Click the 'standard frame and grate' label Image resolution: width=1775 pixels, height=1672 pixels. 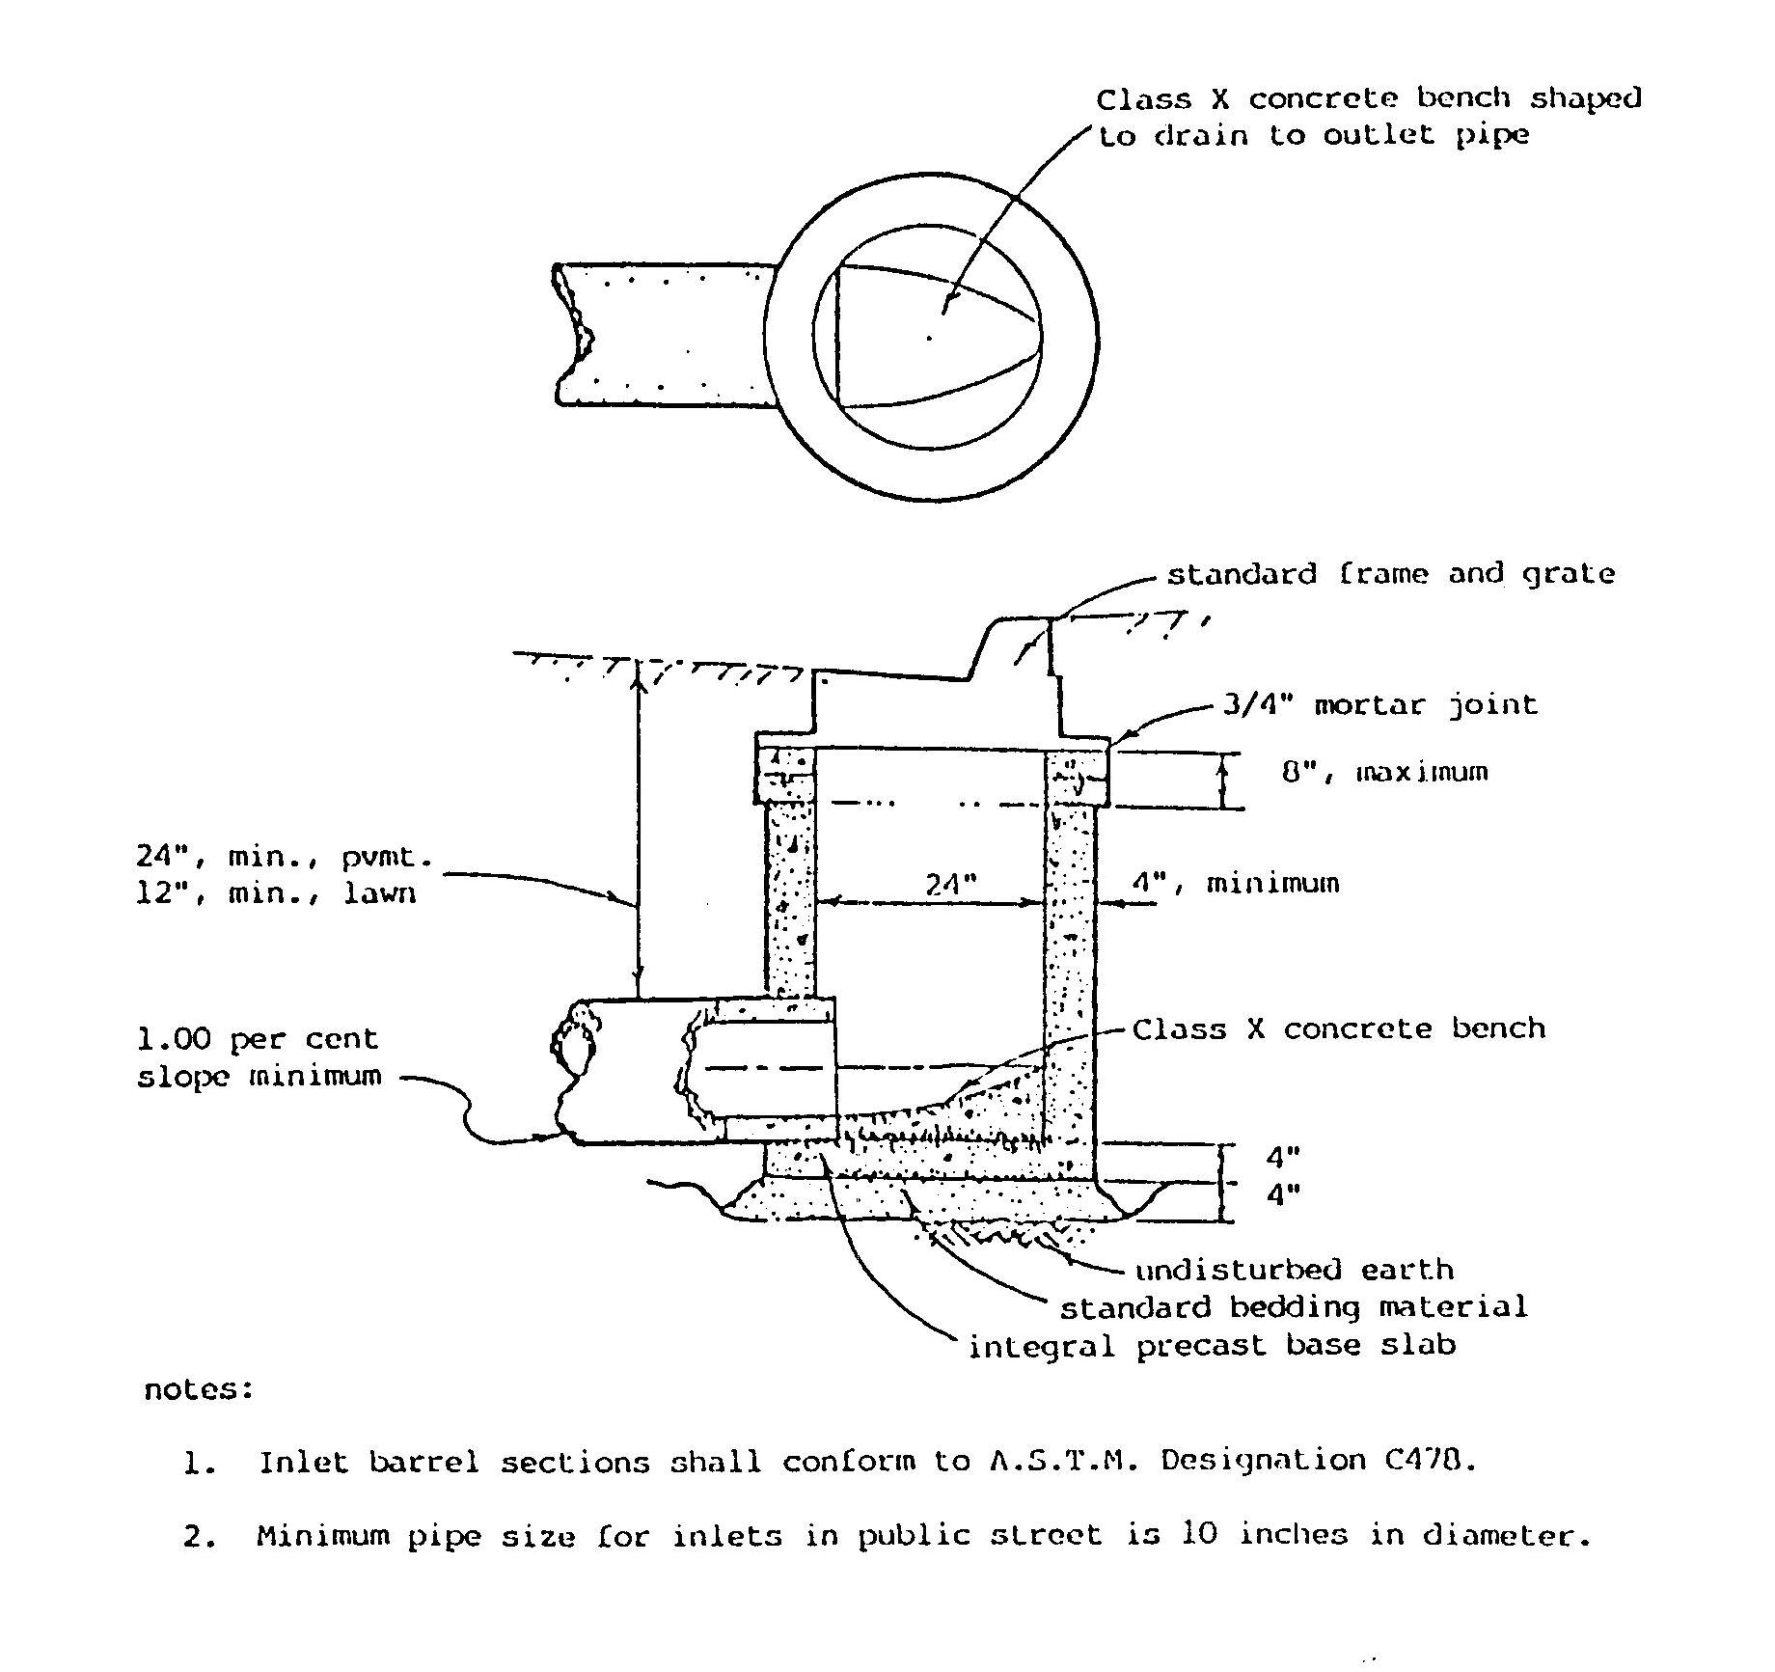tap(1391, 574)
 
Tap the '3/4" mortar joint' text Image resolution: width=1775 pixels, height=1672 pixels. tap(1379, 705)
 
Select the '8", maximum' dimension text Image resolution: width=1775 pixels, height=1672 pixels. tap(1384, 772)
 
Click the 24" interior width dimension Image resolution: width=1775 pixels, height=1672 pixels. tap(951, 884)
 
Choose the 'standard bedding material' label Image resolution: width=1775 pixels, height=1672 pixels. tap(1295, 1307)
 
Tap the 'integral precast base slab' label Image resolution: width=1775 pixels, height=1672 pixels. tap(1212, 1345)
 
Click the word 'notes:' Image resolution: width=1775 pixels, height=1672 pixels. tap(198, 1389)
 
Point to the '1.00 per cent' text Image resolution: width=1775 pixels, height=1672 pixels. tap(258, 1040)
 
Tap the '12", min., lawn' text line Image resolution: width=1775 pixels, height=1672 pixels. tap(276, 893)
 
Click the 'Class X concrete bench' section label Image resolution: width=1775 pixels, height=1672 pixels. tap(1338, 1028)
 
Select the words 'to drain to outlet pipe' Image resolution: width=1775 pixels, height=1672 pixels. tap(1314, 135)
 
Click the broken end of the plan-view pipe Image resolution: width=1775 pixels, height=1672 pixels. tap(571, 334)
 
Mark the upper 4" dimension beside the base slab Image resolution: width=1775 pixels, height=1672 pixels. tap(1283, 1156)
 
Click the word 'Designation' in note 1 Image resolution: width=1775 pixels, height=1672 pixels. tap(1263, 1461)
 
